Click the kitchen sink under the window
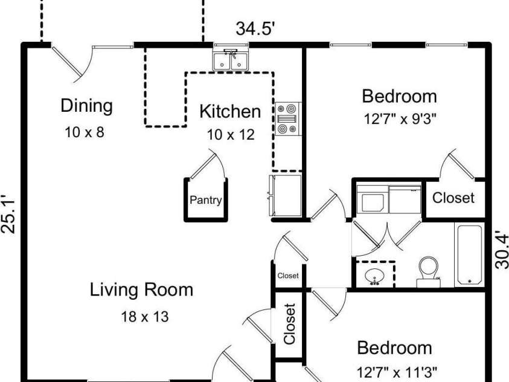pos(231,60)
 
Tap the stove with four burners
pos(288,118)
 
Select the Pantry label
pos(205,200)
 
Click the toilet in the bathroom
pos(428,271)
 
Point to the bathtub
pos(469,254)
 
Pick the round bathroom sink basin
pos(375,276)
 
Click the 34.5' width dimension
pos(255,28)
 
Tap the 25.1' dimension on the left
pos(8,214)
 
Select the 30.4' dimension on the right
pos(501,250)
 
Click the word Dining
pos(87,106)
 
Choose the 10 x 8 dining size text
pos(85,132)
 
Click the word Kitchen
pos(230,111)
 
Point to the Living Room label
pos(141,290)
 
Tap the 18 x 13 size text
pos(145,317)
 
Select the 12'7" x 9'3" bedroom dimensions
pos(399,119)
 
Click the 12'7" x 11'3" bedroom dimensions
pos(397,371)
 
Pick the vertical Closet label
pos(289,324)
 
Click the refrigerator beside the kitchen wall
pos(285,195)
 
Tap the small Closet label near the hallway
pos(288,276)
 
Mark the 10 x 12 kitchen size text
pos(231,135)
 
